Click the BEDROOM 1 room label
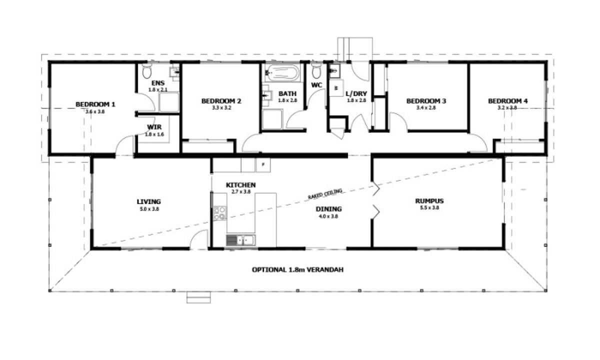point(95,104)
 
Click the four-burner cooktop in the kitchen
point(219,213)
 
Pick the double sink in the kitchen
point(240,240)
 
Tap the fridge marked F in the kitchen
point(263,164)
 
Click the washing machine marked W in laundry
point(335,88)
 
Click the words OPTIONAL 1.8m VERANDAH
point(297,269)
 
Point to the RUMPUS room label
point(429,201)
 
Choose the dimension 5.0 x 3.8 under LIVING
point(148,209)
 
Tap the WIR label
point(152,127)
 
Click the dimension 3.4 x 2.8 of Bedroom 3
point(426,107)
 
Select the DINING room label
point(328,209)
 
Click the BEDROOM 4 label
point(508,101)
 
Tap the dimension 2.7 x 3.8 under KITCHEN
point(240,191)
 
